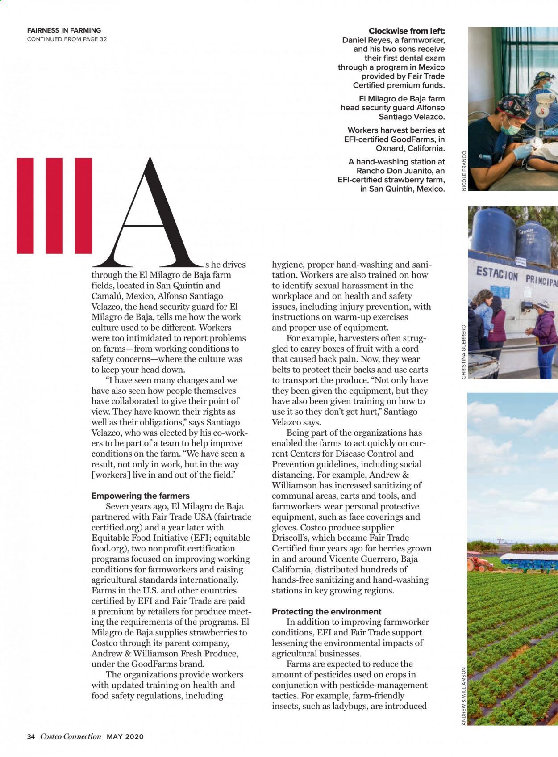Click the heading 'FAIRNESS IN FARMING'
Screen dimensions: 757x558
64,30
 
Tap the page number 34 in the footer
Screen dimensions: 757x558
31,736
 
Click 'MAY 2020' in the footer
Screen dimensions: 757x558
125,736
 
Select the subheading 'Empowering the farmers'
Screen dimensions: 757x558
140,496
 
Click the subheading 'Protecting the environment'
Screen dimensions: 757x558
326,611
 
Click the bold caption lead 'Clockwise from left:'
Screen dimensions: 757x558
407,31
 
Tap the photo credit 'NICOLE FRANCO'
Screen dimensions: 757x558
464,171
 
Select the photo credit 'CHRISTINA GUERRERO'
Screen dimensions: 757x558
464,352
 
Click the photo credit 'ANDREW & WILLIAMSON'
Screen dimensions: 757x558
464,696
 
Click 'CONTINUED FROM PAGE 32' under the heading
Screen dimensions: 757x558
67,39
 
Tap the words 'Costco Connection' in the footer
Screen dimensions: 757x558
71,736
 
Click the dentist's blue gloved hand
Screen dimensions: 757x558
522,152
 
